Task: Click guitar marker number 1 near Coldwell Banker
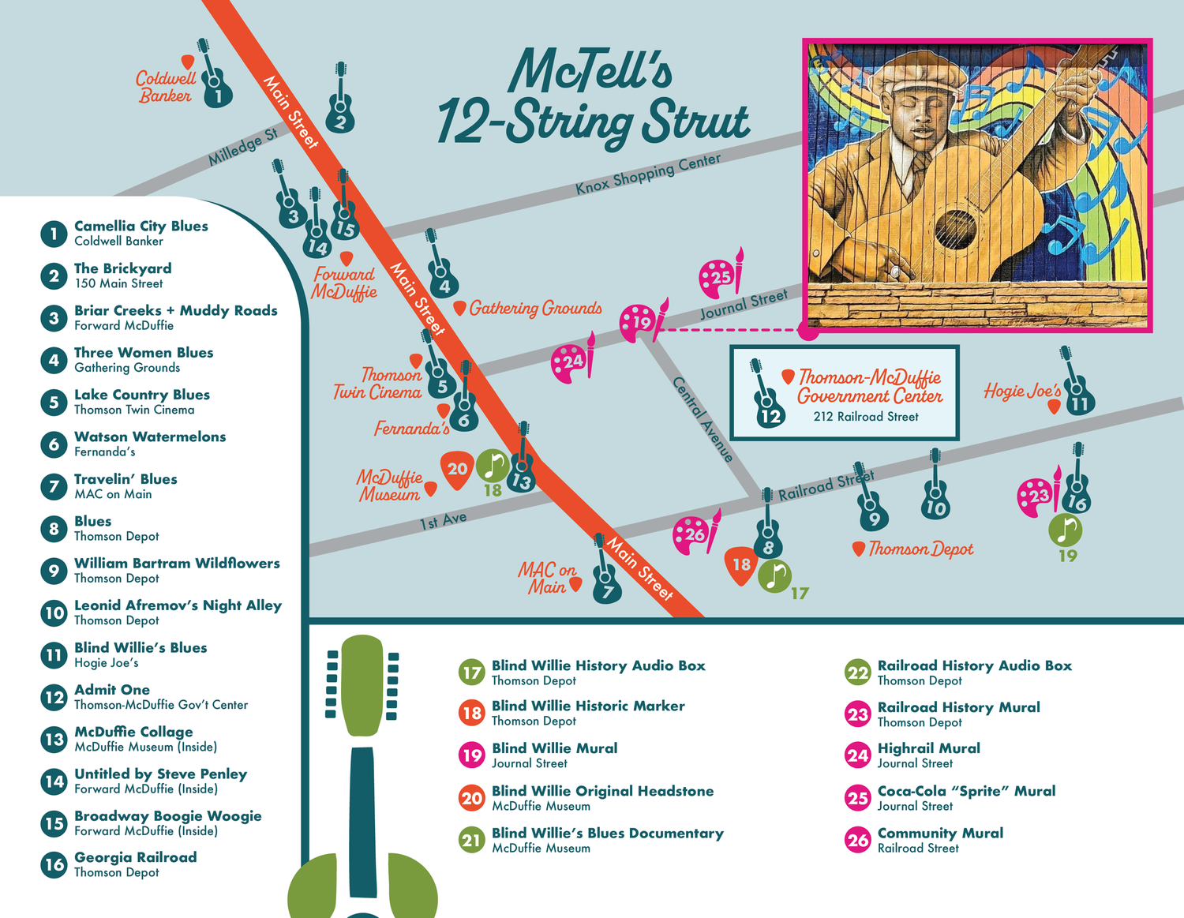point(215,83)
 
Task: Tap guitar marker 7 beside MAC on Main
point(606,580)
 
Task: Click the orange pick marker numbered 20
point(457,469)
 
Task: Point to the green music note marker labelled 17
point(775,576)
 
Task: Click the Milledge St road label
point(242,147)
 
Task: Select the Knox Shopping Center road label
point(647,174)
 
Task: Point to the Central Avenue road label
point(703,419)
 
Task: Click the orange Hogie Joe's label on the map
point(1021,391)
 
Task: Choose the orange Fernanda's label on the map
point(411,429)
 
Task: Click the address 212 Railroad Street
point(866,417)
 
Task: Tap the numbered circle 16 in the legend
point(54,864)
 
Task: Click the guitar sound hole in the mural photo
point(956,229)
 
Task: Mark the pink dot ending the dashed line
point(808,330)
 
